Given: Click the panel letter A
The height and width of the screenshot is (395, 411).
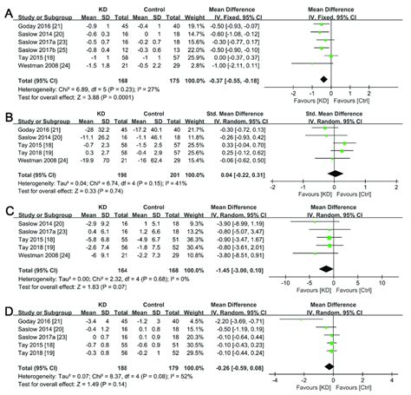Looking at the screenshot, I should click(x=9, y=7).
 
